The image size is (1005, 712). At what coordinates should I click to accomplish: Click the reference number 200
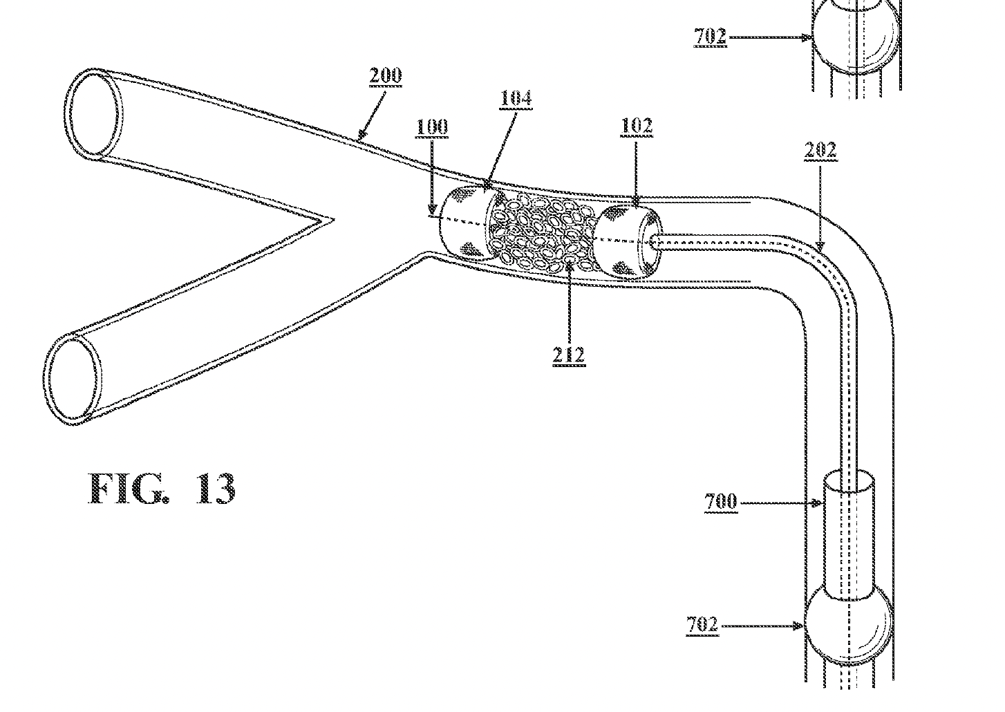[386, 76]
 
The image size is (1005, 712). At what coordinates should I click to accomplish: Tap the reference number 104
[516, 98]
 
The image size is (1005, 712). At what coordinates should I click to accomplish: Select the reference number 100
[431, 127]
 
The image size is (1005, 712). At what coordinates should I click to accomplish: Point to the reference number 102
[637, 126]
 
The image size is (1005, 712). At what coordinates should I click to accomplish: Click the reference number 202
[820, 150]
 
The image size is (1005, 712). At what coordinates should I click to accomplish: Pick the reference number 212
[569, 355]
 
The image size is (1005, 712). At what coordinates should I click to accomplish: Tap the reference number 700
[721, 501]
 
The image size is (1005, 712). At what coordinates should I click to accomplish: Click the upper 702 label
[711, 37]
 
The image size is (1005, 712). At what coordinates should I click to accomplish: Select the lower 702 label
[703, 624]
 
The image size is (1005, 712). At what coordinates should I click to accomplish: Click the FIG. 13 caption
[162, 489]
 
